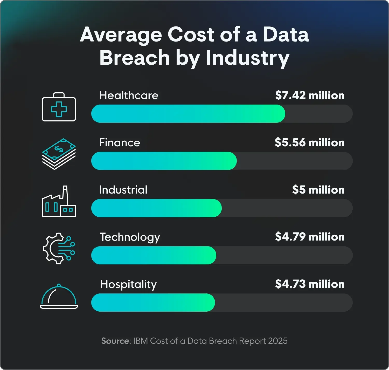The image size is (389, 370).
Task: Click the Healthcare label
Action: tap(129, 95)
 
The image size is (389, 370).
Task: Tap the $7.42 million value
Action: tap(310, 95)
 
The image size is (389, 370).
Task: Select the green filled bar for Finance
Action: tap(164, 161)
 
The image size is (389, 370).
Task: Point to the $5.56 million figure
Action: tap(309, 143)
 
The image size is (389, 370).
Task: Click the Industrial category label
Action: tap(123, 190)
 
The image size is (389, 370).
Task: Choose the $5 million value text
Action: tap(318, 190)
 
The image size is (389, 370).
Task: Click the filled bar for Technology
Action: tap(154, 255)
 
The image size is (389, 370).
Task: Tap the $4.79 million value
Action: tap(310, 237)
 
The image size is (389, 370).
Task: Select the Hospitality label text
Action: tap(128, 284)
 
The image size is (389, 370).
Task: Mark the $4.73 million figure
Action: tap(310, 284)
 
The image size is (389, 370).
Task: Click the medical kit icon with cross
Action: tap(59, 107)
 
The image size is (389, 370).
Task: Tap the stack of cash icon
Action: tap(59, 154)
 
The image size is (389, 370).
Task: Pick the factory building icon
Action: tap(59, 202)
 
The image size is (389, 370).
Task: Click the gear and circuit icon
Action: tap(59, 248)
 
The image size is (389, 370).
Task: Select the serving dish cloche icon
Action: tap(59, 297)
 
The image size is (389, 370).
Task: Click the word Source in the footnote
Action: tap(115, 341)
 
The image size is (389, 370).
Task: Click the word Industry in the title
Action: tap(247, 58)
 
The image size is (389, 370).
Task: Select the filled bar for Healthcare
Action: tap(188, 114)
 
